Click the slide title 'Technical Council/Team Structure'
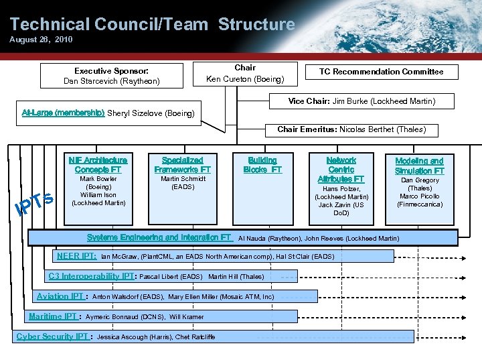click(152, 25)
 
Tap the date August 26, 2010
click(41, 40)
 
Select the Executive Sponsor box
click(111, 76)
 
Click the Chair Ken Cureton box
click(244, 74)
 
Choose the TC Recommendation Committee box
click(380, 72)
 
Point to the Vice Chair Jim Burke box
click(361, 101)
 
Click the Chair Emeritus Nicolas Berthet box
click(351, 129)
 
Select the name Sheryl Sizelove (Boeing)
click(151, 113)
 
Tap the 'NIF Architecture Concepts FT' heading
click(98, 165)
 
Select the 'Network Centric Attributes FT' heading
click(341, 170)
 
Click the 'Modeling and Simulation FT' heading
click(419, 166)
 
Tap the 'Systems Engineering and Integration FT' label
click(159, 237)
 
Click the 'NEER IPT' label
click(76, 256)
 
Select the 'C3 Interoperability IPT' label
click(92, 276)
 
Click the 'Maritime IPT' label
click(54, 316)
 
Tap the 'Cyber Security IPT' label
click(52, 337)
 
